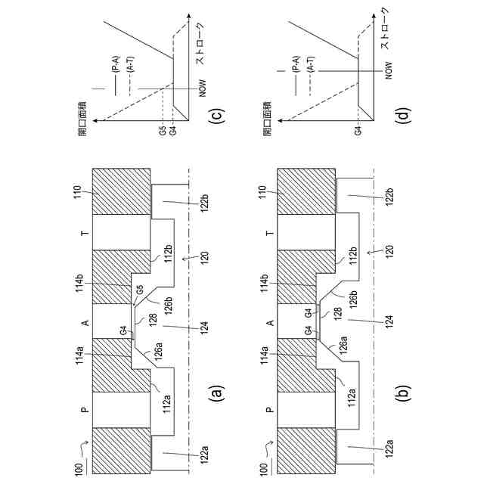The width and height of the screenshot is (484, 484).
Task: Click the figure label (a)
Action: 216,392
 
